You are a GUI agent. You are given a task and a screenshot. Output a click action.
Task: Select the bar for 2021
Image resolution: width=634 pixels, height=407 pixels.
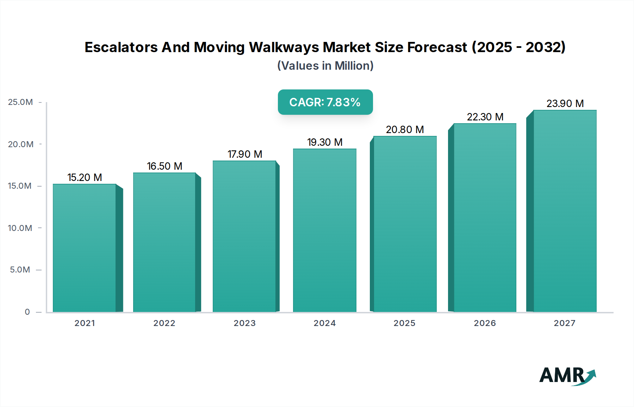pos(85,248)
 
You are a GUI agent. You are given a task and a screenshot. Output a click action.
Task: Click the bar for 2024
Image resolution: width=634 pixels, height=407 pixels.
pos(324,231)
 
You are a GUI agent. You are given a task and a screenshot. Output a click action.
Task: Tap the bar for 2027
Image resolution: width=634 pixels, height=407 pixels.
pos(565,211)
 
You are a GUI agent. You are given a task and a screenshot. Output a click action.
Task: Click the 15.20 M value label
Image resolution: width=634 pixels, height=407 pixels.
pos(85,177)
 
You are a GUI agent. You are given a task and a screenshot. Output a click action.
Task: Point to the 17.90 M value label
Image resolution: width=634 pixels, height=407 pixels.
pos(245,154)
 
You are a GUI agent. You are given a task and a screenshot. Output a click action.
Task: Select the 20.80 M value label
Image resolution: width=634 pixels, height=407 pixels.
pos(405,130)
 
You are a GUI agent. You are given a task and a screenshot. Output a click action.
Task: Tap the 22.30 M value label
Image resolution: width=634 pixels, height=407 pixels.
pos(485,117)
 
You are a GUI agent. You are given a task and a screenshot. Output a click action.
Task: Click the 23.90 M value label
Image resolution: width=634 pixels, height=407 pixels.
pos(565,104)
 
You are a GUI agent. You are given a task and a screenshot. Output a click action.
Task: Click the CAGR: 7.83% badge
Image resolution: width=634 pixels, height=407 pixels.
pos(325,102)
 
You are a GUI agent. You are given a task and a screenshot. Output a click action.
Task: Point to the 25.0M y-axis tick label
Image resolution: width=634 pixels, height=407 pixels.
pos(20,102)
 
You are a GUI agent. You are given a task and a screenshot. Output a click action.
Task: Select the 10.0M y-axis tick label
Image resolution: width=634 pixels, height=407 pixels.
pos(20,228)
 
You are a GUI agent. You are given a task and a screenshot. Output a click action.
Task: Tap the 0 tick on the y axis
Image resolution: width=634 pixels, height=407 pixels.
pos(27,312)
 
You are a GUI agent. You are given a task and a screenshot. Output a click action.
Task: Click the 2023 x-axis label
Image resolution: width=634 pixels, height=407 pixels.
pos(244,323)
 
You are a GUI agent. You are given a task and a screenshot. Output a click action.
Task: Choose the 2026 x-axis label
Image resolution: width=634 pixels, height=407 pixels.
pos(485,323)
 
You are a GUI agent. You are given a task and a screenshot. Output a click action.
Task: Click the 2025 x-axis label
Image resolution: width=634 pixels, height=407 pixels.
pos(404,323)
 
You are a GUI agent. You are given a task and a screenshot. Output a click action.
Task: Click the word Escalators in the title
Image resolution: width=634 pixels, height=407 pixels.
pos(121,47)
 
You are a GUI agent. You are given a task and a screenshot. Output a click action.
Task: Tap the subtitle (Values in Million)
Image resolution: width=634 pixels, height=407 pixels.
pos(325,66)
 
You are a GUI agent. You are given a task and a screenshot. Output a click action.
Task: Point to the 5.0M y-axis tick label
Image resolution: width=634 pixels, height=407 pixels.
pos(20,270)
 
